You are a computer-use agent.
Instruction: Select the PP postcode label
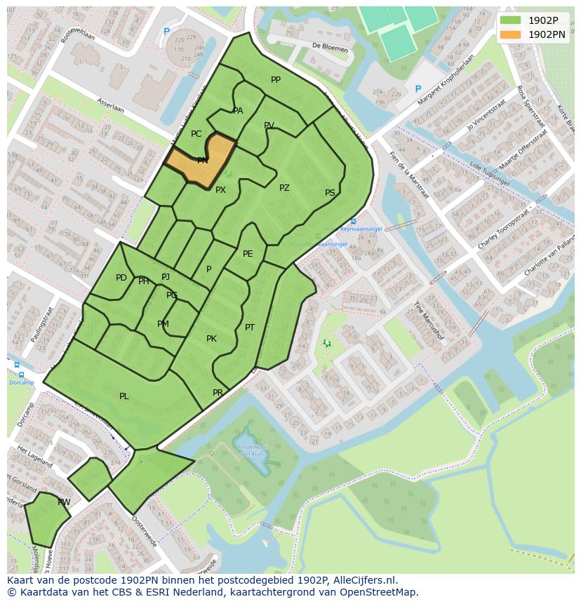coord(276,80)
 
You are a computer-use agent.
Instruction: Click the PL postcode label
coord(124,396)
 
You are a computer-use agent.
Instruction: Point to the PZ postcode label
coord(284,188)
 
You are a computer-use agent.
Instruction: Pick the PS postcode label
coord(330,193)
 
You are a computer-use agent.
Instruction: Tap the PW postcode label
coord(64,502)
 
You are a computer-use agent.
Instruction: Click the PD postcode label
coord(121,278)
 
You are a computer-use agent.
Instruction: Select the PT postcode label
coord(250,328)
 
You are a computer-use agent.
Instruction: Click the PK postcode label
coord(211,339)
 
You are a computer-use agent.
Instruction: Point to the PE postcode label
coord(248,254)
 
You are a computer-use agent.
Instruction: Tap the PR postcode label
coord(218,393)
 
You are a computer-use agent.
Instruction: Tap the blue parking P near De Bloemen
coord(418,89)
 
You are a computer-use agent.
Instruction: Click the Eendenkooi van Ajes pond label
coord(253,450)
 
